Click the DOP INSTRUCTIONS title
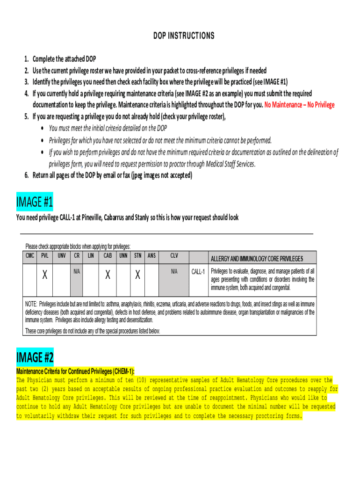pos(184,36)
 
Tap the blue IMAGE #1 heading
pos(35,203)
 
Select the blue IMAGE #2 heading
pos(35,358)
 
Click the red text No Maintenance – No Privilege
pos(299,105)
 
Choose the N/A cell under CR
pos(76,271)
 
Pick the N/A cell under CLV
pos(174,271)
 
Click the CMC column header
pos(29,256)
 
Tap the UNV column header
pos(61,256)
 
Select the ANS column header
pos(151,256)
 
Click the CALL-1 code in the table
pos(199,272)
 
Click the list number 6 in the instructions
pos(26,175)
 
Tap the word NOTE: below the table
pos(31,304)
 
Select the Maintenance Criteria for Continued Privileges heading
pos(75,371)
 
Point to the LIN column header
pos(91,256)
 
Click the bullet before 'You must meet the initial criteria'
pos(43,129)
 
